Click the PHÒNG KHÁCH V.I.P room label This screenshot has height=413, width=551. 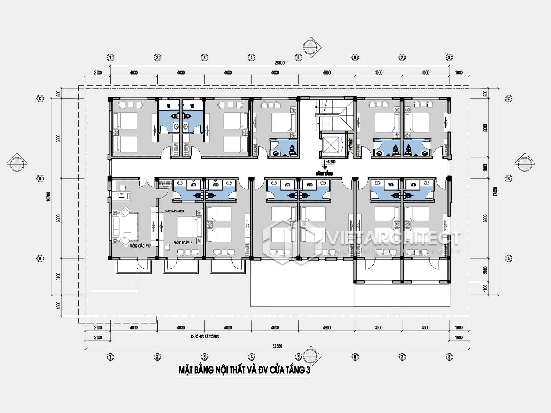[x=140, y=246]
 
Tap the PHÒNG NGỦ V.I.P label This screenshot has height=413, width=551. [x=183, y=243]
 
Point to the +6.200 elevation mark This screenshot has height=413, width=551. [x=331, y=162]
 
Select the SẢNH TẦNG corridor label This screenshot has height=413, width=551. [x=324, y=174]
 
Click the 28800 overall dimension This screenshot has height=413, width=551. [x=280, y=63]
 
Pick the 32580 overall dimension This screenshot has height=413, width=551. [x=277, y=346]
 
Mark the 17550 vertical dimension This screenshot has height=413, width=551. [x=495, y=192]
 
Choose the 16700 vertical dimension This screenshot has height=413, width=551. [x=48, y=196]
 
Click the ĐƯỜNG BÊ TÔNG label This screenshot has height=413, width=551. [x=205, y=336]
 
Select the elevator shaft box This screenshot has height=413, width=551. [x=329, y=145]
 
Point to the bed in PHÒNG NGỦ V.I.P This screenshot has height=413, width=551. [x=188, y=227]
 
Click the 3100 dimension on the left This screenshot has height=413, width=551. [x=58, y=276]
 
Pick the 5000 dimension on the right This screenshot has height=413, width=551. [x=485, y=128]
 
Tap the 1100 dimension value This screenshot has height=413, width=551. [x=485, y=288]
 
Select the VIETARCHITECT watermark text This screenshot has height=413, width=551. [x=393, y=239]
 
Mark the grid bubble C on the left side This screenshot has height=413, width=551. [x=40, y=98]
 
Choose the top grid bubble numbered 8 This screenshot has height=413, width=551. [x=449, y=57]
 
